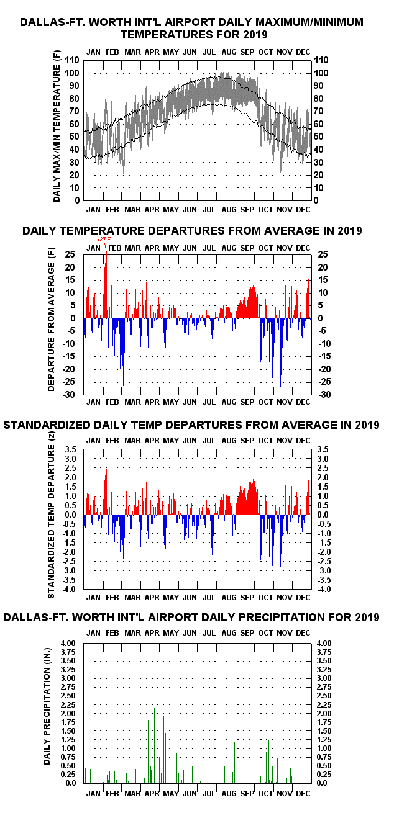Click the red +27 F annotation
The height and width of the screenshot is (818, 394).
point(104,240)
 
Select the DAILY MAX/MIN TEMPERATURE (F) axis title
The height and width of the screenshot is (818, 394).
point(57,126)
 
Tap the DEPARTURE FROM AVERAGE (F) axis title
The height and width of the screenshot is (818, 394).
point(51,320)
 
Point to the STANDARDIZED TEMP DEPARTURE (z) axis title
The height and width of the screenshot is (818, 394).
point(51,515)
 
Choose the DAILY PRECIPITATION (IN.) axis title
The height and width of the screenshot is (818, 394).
point(47,706)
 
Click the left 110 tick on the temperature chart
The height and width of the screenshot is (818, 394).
point(72,60)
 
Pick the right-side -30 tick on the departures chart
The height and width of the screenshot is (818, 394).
point(324,395)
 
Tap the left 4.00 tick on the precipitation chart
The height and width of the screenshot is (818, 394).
point(68,644)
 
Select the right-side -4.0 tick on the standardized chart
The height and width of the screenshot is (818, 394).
point(324,590)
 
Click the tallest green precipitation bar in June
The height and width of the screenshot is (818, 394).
point(188,740)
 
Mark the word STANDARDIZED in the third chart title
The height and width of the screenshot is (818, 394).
point(47,425)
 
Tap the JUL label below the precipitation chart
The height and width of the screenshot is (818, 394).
point(209,794)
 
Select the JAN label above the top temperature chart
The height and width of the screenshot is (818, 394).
point(93,52)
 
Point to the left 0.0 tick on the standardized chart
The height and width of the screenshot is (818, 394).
point(71,515)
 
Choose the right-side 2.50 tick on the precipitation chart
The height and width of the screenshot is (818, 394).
point(324,696)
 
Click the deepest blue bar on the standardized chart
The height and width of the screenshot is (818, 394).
point(165,544)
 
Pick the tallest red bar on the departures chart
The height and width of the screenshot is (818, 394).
point(106,284)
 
